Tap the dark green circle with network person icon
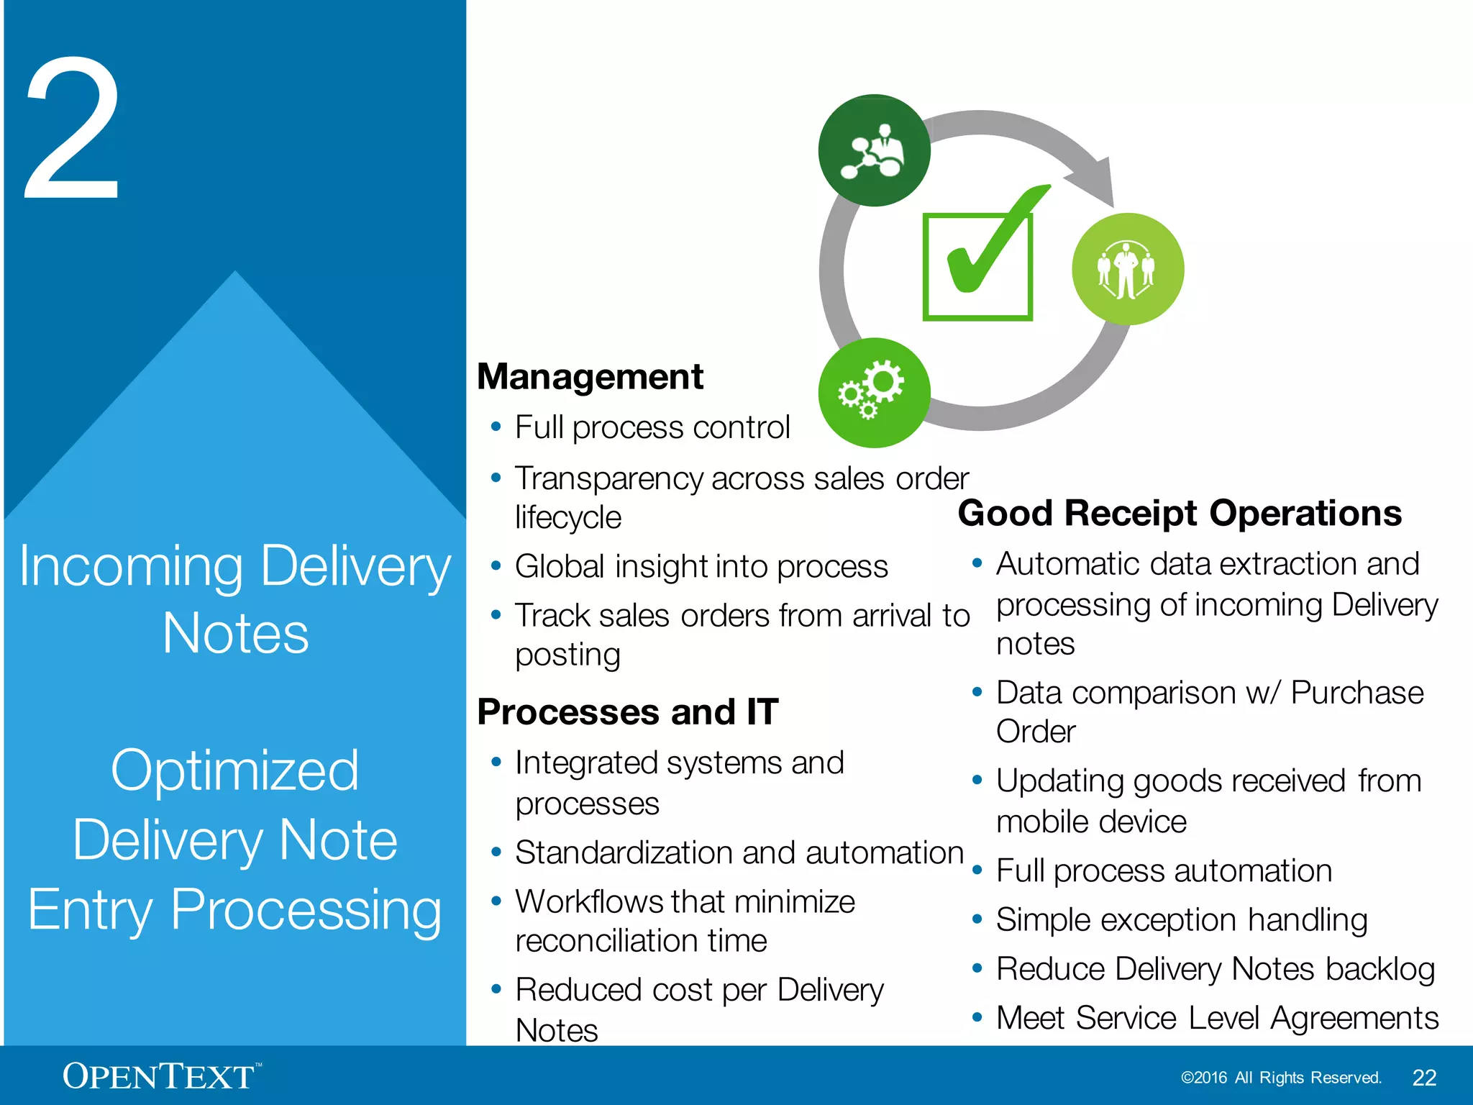click(874, 150)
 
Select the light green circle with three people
click(1127, 269)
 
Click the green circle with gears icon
click(874, 393)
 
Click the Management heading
click(590, 377)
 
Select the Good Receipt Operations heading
click(1180, 514)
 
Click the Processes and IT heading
click(627, 712)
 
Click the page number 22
click(1424, 1078)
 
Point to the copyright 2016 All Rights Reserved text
click(1281, 1078)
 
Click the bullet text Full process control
click(652, 427)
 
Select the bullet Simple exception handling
click(1181, 920)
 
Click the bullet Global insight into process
click(701, 567)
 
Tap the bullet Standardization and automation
click(739, 853)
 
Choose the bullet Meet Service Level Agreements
click(1217, 1018)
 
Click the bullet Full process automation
click(1164, 871)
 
